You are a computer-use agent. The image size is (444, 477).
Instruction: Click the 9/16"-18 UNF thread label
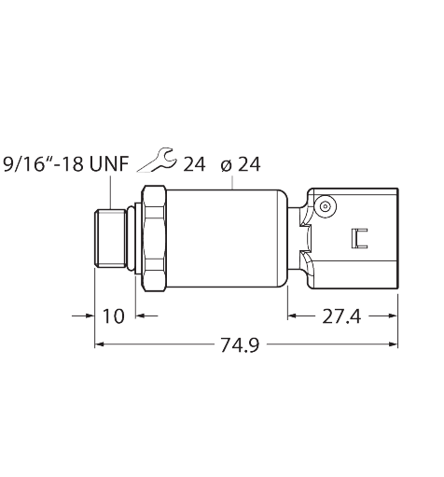click(65, 164)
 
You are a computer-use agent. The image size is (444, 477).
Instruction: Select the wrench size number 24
click(194, 164)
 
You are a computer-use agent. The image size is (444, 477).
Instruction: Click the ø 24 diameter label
click(241, 164)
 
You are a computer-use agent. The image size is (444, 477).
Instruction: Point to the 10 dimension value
click(113, 316)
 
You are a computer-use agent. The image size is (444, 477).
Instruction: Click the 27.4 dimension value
click(341, 316)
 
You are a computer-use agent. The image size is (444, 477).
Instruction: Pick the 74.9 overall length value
click(240, 345)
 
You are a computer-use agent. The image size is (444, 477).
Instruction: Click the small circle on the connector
click(326, 206)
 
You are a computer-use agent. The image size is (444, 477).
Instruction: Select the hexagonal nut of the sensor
click(154, 238)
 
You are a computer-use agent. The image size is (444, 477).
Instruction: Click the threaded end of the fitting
click(111, 238)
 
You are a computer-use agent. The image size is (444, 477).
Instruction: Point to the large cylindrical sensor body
click(227, 238)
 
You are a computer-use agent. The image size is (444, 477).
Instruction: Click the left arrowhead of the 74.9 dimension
click(99, 344)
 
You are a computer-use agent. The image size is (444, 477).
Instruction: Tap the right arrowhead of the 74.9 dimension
click(394, 344)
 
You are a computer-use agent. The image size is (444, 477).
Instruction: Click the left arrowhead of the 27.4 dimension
click(292, 316)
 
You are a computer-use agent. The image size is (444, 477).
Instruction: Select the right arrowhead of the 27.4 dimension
click(394, 316)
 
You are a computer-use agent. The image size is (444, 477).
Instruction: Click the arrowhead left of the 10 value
click(90, 316)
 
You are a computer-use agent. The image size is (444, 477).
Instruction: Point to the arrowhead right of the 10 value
click(141, 316)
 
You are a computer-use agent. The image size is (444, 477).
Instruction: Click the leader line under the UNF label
click(110, 192)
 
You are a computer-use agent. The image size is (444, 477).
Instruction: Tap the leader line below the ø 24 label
click(232, 182)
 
